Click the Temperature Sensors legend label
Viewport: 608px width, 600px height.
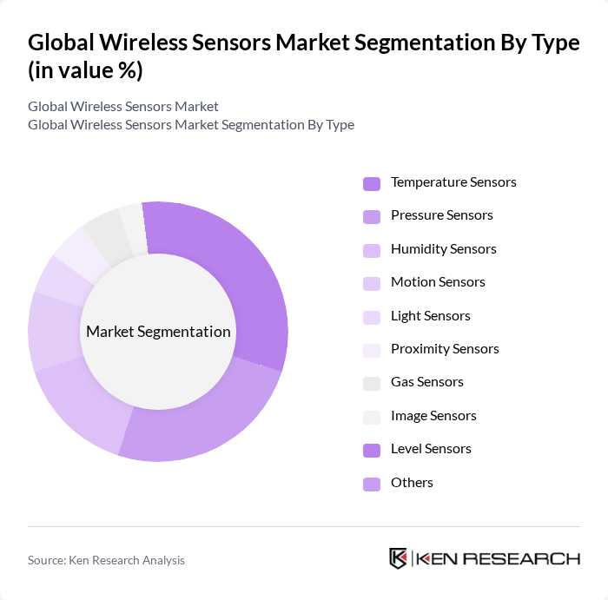pyautogui.click(x=453, y=182)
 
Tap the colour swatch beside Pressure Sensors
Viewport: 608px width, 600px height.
pyautogui.click(x=372, y=216)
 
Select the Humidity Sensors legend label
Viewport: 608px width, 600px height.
pyautogui.click(x=443, y=249)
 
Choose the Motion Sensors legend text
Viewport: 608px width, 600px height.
pyautogui.click(x=438, y=282)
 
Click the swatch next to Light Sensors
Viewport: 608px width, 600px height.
pyautogui.click(x=372, y=317)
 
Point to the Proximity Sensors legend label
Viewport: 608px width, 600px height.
pyautogui.click(x=445, y=349)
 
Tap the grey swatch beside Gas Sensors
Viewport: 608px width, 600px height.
pyautogui.click(x=372, y=383)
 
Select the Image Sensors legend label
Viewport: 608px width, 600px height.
pyautogui.click(x=433, y=416)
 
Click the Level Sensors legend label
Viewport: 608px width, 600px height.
pyautogui.click(x=431, y=449)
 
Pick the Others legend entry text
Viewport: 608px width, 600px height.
pyautogui.click(x=412, y=483)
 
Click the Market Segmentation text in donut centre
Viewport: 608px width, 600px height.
pyautogui.click(x=158, y=332)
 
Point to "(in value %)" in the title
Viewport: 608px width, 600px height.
pyautogui.click(x=85, y=71)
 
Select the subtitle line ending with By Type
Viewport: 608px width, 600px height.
pyautogui.click(x=191, y=124)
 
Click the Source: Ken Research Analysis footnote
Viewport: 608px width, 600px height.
pyautogui.click(x=106, y=561)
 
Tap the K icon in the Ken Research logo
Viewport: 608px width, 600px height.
pyautogui.click(x=399, y=558)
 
